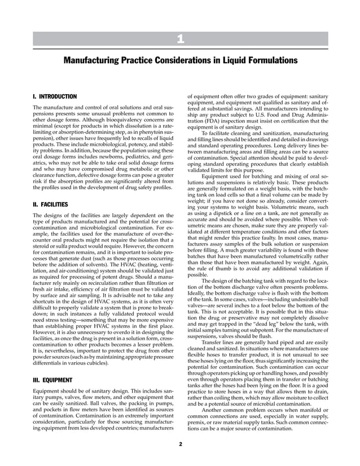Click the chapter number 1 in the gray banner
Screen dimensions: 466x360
click(x=179, y=39)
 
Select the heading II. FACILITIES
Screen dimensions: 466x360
click(x=51, y=204)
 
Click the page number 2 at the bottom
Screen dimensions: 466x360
click(x=180, y=445)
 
